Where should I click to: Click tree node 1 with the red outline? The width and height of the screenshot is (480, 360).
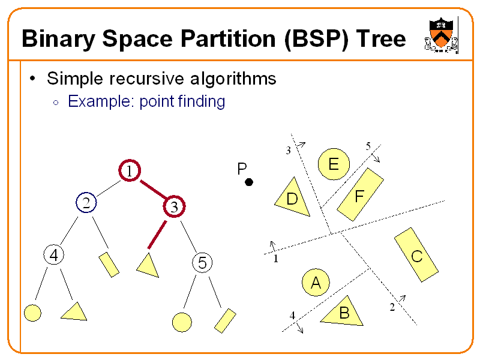(x=128, y=171)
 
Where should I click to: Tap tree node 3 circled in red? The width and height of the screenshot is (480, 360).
(x=173, y=208)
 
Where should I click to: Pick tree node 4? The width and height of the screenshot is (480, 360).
(x=53, y=255)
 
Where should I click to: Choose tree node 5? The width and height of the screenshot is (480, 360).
(x=202, y=262)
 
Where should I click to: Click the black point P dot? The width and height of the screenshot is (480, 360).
(x=249, y=182)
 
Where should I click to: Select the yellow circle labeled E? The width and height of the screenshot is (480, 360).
(x=332, y=164)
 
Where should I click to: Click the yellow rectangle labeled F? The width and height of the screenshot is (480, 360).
(x=360, y=194)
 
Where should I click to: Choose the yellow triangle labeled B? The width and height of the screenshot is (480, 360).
(x=343, y=313)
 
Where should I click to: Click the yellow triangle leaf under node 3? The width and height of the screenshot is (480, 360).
(x=148, y=266)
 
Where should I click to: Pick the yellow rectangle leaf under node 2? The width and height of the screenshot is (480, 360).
(x=109, y=264)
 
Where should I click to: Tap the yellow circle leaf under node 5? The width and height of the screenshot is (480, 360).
(x=182, y=322)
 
